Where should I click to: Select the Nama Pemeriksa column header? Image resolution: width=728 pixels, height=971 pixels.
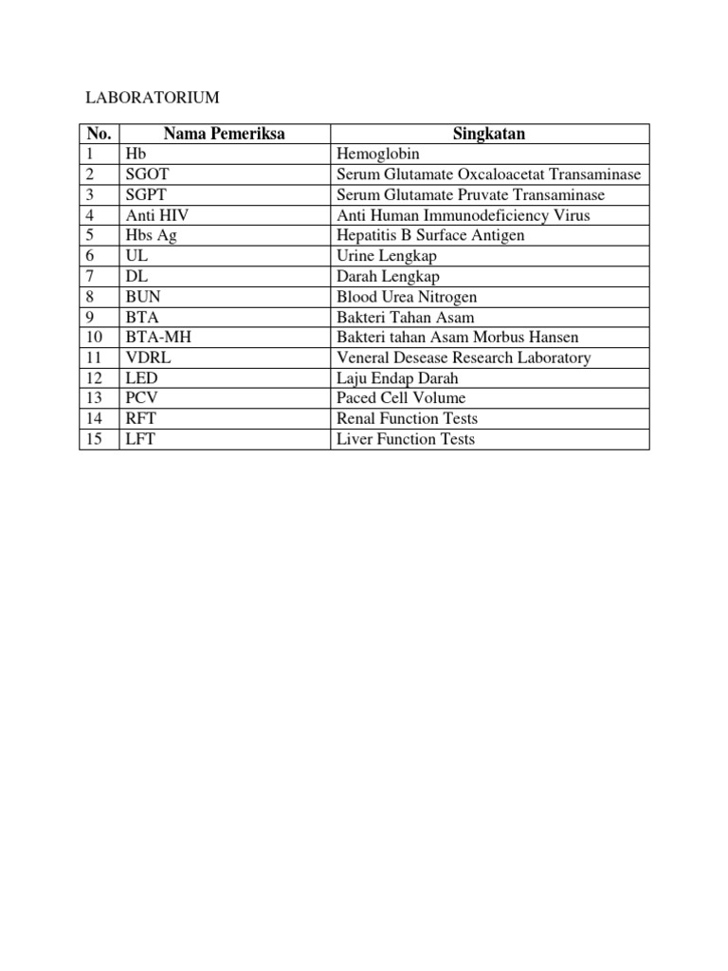click(x=224, y=134)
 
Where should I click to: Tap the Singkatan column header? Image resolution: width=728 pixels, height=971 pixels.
click(x=489, y=134)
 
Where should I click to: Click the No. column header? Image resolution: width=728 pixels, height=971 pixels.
click(x=99, y=134)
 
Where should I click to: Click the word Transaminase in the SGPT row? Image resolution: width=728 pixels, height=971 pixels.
click(x=559, y=194)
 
